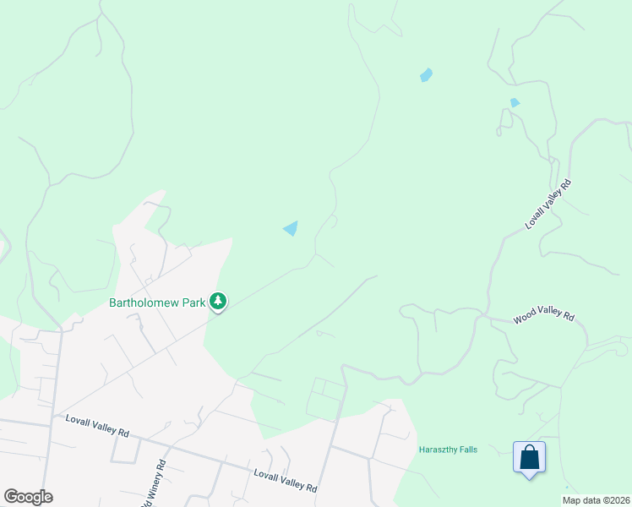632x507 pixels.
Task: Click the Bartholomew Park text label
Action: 157,303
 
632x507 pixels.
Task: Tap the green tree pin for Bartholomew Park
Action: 218,301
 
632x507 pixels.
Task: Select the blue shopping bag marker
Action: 529,458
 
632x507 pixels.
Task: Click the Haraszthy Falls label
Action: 448,450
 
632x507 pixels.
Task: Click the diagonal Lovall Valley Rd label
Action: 548,204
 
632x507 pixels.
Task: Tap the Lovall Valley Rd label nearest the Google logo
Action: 97,426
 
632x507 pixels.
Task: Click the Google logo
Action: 28,497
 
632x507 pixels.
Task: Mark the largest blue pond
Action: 291,228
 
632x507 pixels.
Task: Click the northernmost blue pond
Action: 427,75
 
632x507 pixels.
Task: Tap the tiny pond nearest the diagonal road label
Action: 515,103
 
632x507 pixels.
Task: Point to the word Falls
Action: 466,450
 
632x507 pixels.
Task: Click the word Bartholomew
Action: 144,303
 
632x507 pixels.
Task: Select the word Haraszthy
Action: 437,450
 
